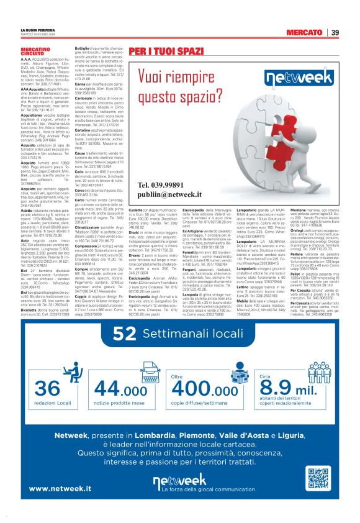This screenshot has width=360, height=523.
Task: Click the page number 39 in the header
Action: click(x=335, y=32)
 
